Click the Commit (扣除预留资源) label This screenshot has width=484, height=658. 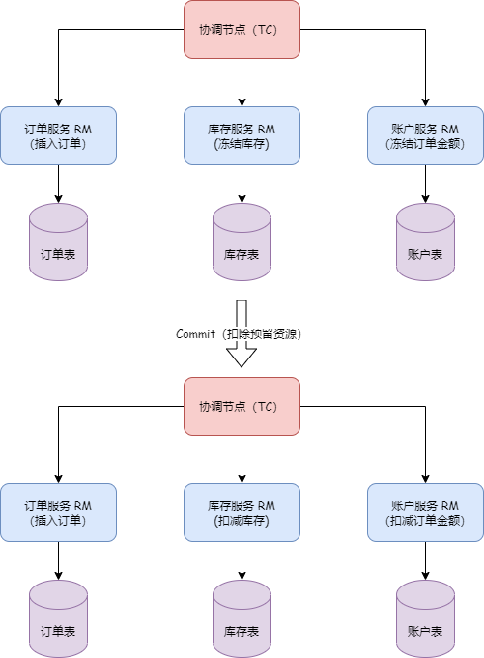pos(242,334)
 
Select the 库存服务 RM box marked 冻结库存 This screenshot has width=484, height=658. pos(242,135)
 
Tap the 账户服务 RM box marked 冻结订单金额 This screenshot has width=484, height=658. pos(425,135)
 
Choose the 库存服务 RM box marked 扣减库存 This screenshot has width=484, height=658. pos(242,512)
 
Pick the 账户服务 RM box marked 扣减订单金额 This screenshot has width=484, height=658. pos(425,512)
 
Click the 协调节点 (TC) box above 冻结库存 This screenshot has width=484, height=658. pos(242,30)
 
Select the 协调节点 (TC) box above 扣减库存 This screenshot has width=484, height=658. pos(242,406)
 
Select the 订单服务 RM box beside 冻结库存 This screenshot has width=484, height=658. pos(58,135)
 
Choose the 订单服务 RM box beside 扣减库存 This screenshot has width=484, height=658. pos(58,512)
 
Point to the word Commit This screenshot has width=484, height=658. pos(196,334)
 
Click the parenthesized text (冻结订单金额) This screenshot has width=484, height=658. pos(425,144)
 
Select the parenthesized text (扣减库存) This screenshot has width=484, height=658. pos(242,521)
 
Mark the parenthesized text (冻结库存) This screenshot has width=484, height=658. pos(242,144)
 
